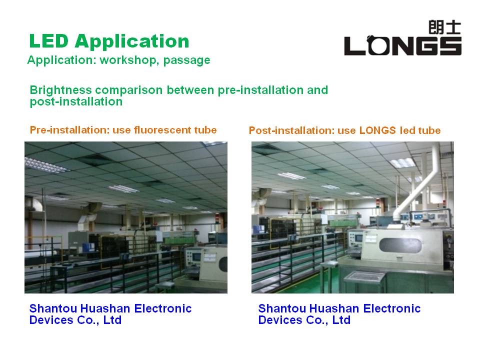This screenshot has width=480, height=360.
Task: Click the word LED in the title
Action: coord(48,41)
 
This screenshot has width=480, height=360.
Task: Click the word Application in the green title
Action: coord(132,42)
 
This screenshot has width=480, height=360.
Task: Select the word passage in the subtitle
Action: coord(186,60)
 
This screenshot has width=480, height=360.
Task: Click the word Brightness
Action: coord(60,90)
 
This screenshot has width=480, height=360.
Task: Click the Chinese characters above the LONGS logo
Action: coord(445,27)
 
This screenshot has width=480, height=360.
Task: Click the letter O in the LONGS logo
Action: coord(378,45)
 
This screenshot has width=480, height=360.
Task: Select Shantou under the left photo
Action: coord(53,308)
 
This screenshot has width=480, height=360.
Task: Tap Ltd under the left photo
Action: coord(112,320)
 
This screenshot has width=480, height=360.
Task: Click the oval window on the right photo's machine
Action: coord(400,245)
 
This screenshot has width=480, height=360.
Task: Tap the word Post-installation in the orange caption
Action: coord(291,130)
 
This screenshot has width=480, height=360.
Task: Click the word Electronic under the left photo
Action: coord(163,308)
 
